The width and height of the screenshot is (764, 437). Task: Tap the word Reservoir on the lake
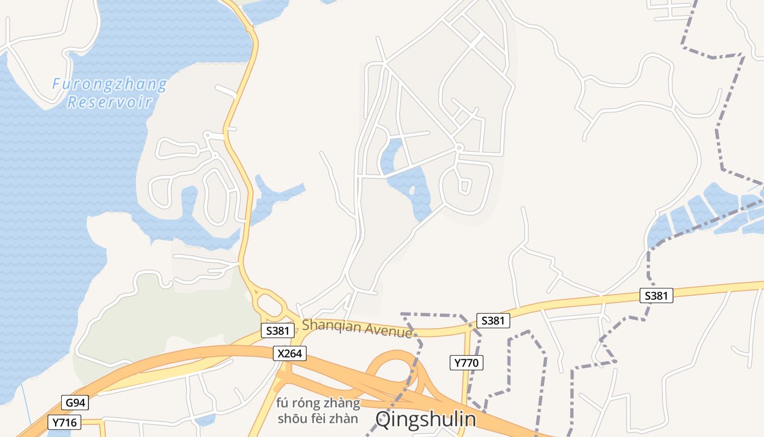pyautogui.click(x=109, y=102)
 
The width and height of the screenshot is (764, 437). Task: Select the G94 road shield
pyautogui.click(x=75, y=403)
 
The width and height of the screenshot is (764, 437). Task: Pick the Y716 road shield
pyautogui.click(x=64, y=422)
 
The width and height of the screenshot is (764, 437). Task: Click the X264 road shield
pyautogui.click(x=289, y=353)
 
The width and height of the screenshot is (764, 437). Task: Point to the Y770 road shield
pyautogui.click(x=467, y=362)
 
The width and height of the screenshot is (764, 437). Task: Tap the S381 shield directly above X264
pyautogui.click(x=277, y=330)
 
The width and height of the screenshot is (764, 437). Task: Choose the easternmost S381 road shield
pyautogui.click(x=656, y=296)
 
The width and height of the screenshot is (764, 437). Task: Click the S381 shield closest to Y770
pyautogui.click(x=493, y=321)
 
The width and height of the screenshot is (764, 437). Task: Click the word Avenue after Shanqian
pyautogui.click(x=388, y=330)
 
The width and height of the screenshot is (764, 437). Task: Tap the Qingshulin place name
pyautogui.click(x=426, y=420)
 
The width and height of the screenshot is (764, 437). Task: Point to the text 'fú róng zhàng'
pyautogui.click(x=318, y=404)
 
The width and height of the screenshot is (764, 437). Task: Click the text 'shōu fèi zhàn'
pyautogui.click(x=318, y=419)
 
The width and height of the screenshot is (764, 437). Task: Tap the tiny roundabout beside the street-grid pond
pyautogui.click(x=459, y=147)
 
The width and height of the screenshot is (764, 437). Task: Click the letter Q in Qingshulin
pyautogui.click(x=384, y=420)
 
